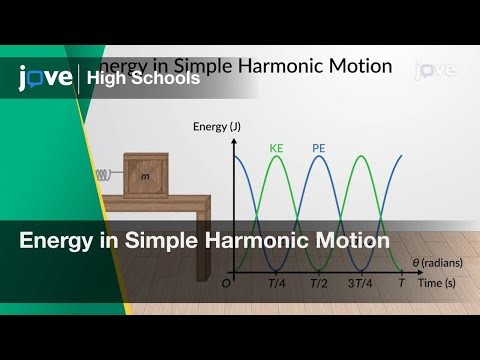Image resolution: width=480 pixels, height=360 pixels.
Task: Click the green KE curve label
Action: coord(277,148)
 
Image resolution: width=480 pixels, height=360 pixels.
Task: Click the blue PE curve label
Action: coord(318,148)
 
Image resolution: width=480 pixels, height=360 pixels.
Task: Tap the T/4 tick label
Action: coord(277,283)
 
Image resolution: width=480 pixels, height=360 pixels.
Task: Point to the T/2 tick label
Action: coord(318,283)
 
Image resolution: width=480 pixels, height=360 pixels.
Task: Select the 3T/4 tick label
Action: coord(361,283)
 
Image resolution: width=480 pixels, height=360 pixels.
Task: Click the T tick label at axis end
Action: coord(402,283)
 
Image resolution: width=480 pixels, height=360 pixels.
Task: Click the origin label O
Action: coord(226,283)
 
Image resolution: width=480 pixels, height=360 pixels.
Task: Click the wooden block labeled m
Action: coord(146,175)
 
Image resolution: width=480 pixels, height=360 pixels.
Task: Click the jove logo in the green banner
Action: coord(45,76)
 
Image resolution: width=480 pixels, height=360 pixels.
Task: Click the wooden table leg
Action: coord(203,245)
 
